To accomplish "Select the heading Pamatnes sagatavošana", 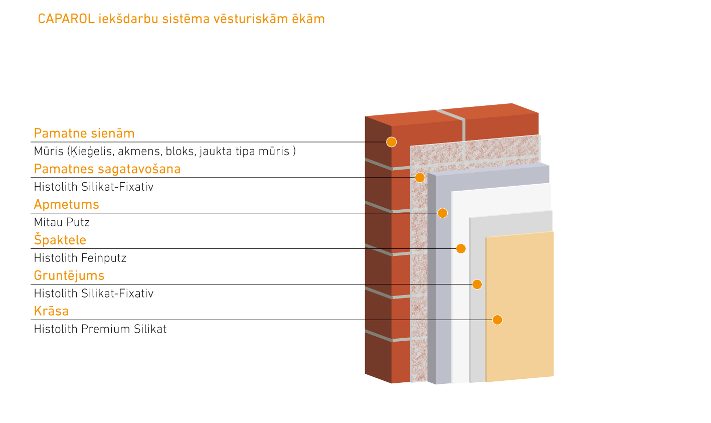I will click(x=107, y=169).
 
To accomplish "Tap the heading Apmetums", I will click(x=66, y=205).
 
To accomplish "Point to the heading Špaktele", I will click(x=60, y=240).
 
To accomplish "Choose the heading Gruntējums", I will click(x=69, y=275).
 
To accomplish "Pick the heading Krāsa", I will click(x=51, y=311).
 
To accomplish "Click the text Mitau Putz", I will click(x=62, y=222).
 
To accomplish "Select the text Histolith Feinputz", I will click(x=80, y=258).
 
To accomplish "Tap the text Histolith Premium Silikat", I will click(x=100, y=329).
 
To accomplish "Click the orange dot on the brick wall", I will click(x=392, y=142).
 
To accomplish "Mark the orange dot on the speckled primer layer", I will click(x=420, y=178).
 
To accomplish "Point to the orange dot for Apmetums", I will click(x=442, y=213).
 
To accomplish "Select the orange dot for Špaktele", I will click(x=461, y=249).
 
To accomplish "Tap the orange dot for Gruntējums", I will click(x=477, y=285).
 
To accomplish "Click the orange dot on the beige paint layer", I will click(x=497, y=320).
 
